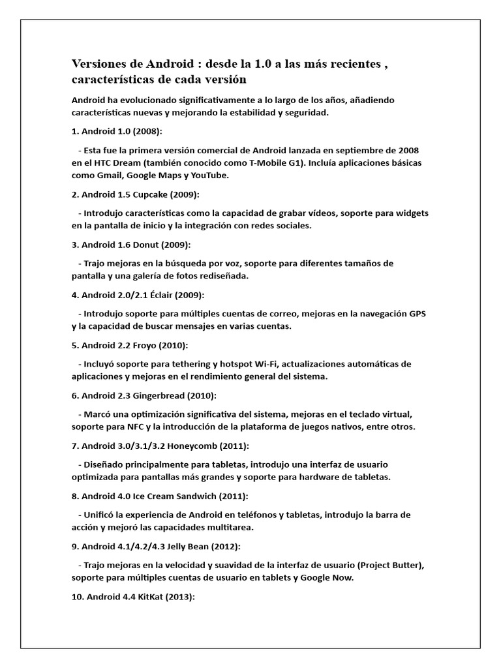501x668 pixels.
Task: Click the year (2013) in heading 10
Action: [181, 597]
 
